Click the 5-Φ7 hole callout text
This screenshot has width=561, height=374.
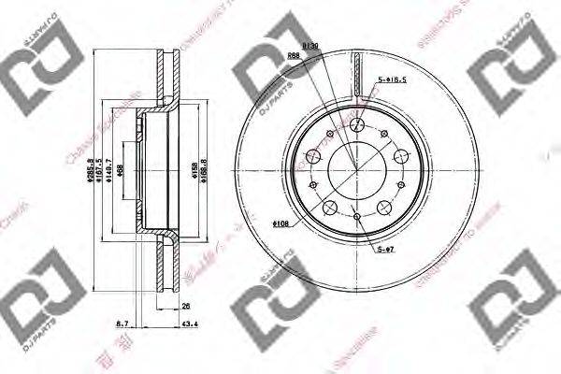pos(386,250)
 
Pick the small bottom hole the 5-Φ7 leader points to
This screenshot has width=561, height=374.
pos(358,217)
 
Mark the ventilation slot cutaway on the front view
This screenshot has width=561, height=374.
pos(359,75)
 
